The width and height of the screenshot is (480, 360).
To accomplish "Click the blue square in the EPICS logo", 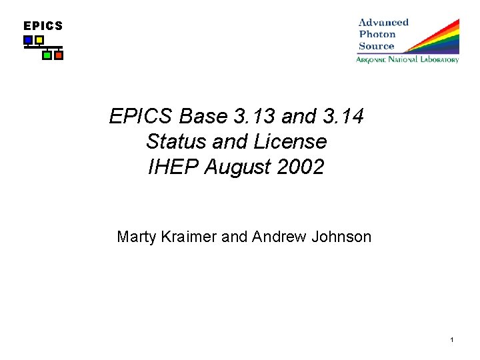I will coord(28,40).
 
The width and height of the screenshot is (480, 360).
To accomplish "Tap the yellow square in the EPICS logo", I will coord(39,40).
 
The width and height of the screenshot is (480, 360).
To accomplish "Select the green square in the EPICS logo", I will coord(47,55).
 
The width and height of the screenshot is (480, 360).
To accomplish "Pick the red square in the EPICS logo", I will coord(59,55).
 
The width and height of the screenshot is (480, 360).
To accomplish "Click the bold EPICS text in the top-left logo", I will coord(43,26).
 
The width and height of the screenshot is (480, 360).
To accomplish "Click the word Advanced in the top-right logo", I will coord(383,22).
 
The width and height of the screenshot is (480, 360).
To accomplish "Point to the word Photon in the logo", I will coord(377,34).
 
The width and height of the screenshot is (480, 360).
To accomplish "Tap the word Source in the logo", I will coord(376,46).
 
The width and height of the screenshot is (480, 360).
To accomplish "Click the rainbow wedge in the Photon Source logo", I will coord(437,40).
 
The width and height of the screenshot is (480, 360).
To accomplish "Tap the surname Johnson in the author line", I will coord(341,236).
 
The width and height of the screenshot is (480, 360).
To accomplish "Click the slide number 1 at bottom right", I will coord(451,341).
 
